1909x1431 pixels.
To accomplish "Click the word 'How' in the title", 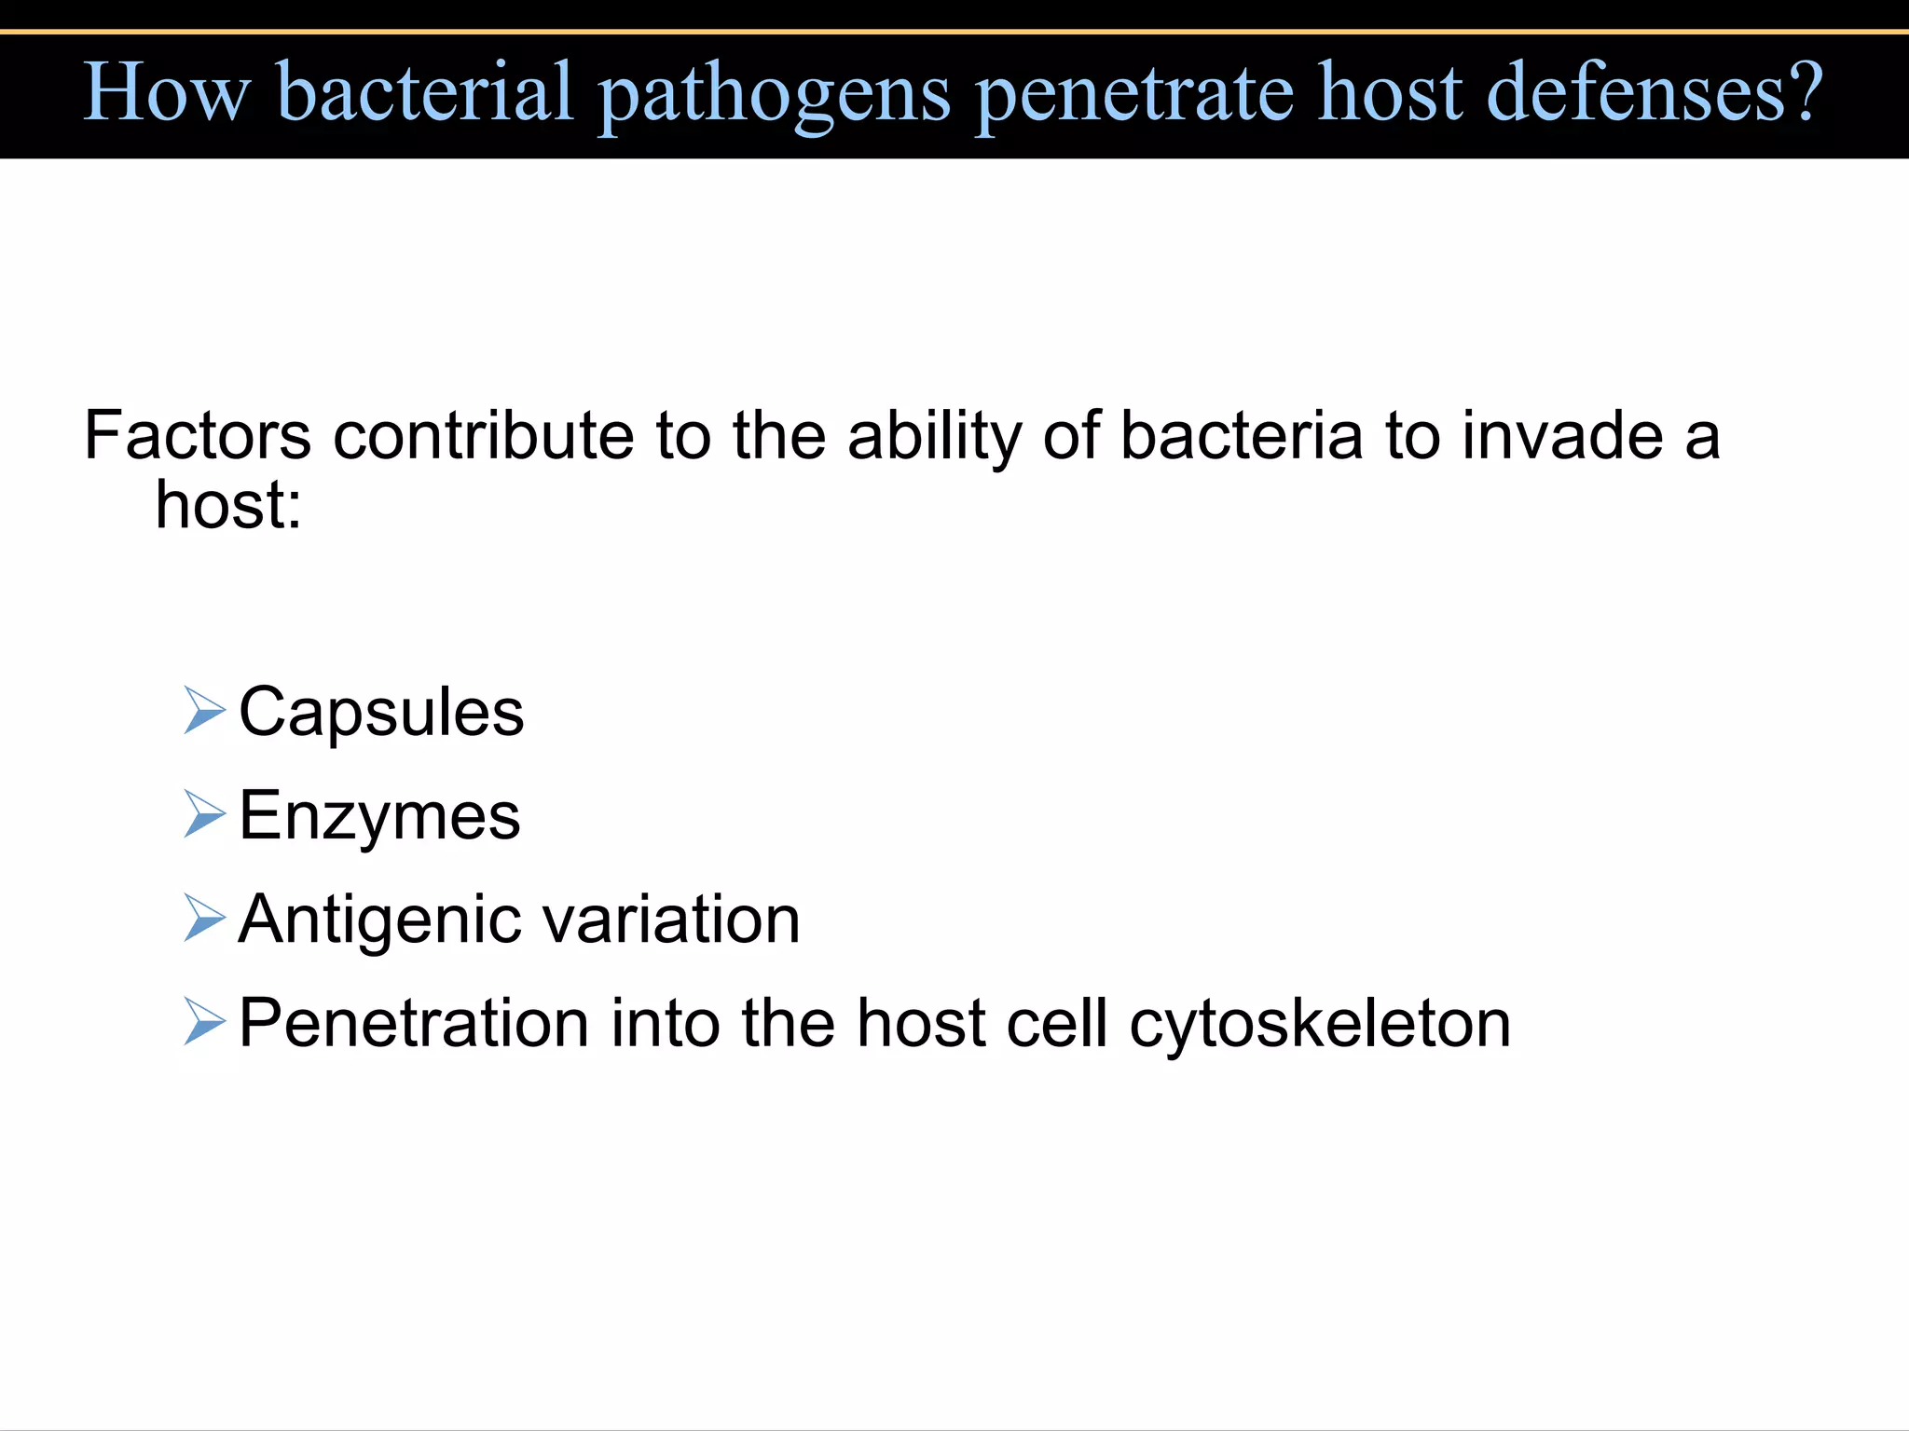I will click(167, 92).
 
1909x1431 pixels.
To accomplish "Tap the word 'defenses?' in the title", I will click(1655, 92).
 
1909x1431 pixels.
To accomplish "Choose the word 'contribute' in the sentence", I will click(483, 435).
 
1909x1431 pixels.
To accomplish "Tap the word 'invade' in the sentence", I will click(1562, 435).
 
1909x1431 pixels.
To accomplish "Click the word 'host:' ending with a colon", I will click(228, 505).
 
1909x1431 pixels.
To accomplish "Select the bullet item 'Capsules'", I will click(381, 713).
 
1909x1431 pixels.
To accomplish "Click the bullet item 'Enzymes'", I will click(379, 817).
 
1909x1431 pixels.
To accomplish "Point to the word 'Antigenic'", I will click(379, 920).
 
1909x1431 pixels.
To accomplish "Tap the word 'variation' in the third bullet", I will click(671, 920).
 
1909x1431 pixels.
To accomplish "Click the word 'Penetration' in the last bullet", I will click(413, 1023).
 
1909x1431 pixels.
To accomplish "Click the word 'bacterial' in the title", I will click(424, 92).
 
